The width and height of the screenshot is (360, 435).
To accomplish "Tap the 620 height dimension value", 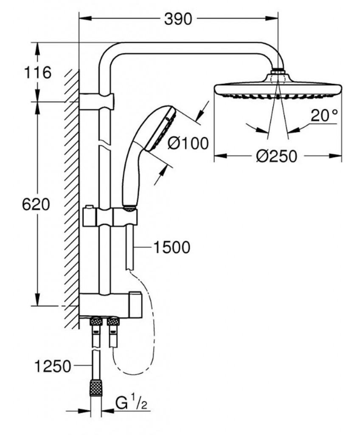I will click(36, 205).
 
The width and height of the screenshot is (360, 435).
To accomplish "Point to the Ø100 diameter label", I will click(188, 144).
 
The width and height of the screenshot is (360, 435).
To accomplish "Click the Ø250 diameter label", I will click(276, 156).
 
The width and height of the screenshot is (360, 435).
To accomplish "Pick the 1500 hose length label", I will click(172, 247).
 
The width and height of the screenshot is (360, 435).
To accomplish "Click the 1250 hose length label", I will click(53, 366).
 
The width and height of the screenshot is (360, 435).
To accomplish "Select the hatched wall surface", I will click(72, 200).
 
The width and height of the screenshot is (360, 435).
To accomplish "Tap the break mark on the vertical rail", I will click(104, 142).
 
